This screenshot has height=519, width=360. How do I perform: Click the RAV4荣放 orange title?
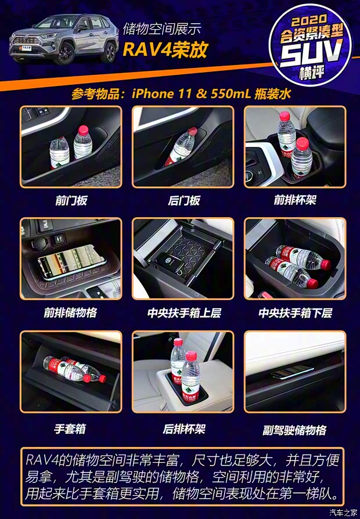[x=164, y=49]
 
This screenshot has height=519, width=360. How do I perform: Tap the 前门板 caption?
[x=71, y=200]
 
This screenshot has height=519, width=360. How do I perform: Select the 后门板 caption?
[x=183, y=200]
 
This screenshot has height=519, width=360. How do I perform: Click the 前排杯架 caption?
[x=295, y=200]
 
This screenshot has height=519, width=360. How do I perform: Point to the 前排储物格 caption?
[x=70, y=313]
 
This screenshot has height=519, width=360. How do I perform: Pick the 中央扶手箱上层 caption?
[x=183, y=313]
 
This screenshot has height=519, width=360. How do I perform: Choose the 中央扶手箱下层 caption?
[x=295, y=313]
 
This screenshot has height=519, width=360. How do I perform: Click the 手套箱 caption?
[x=70, y=428]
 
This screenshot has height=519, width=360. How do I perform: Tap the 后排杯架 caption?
[x=183, y=429]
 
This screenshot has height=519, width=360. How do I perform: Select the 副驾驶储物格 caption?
[x=294, y=430]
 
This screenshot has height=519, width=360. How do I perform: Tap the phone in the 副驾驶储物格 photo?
[x=293, y=372]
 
